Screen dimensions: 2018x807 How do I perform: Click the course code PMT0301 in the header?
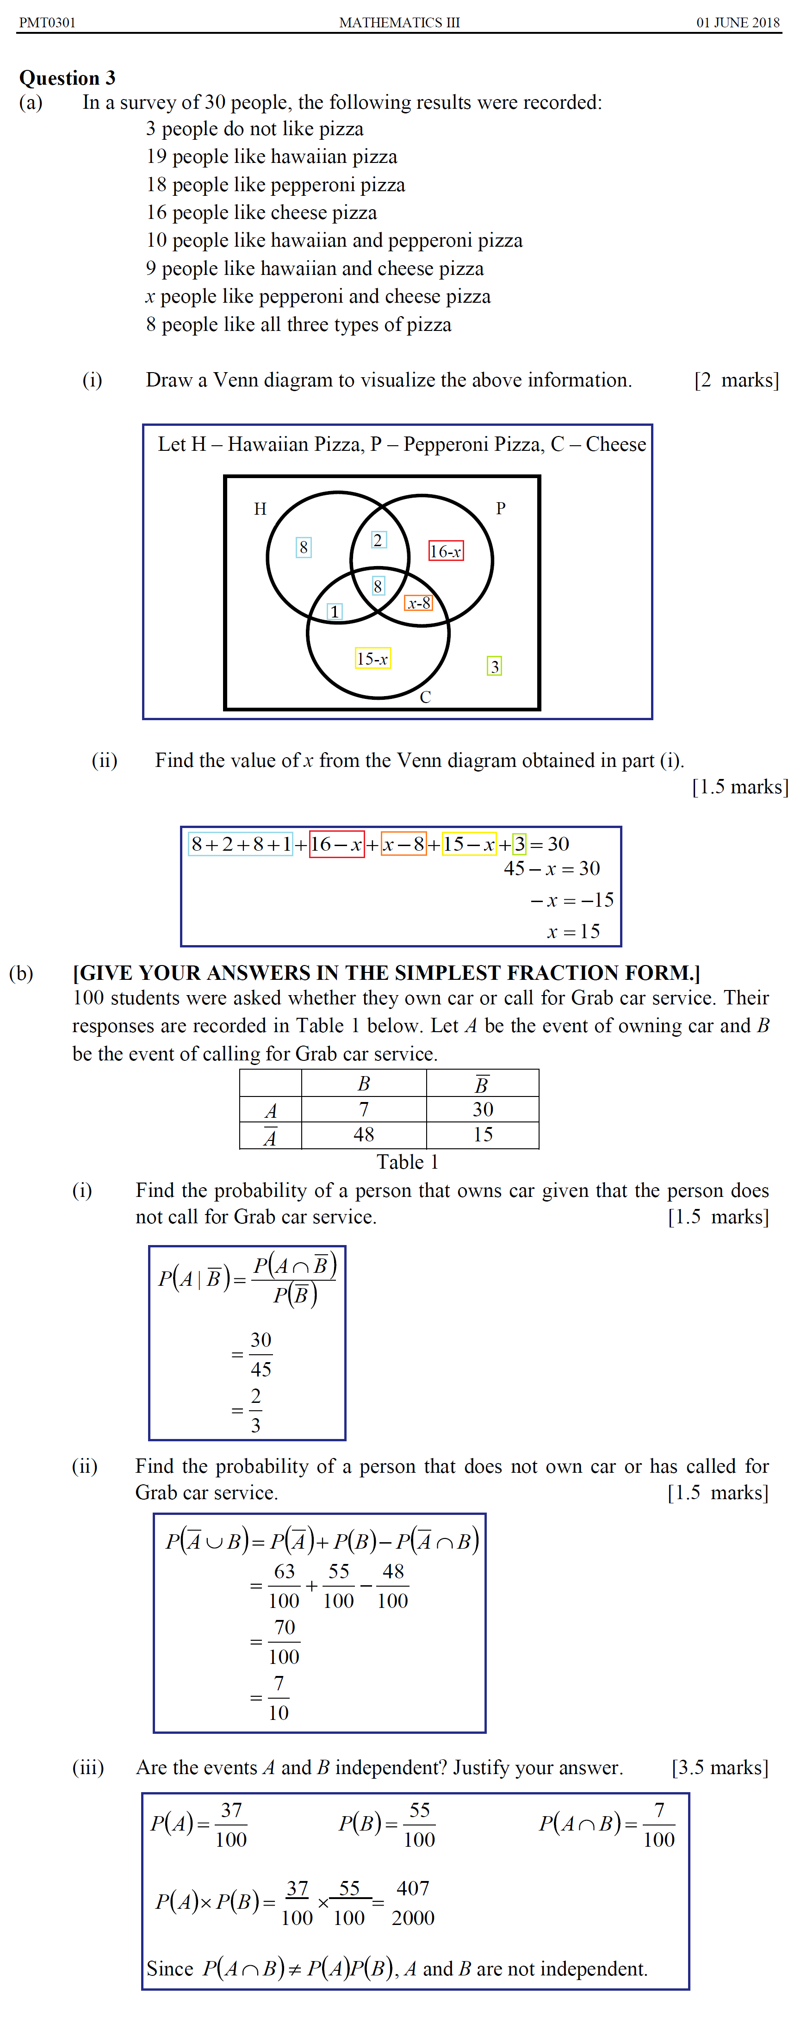[47, 22]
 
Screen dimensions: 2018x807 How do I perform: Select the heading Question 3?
[68, 78]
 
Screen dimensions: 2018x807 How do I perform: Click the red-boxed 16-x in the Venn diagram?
[445, 551]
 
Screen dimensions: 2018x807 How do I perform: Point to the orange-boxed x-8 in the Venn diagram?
[418, 603]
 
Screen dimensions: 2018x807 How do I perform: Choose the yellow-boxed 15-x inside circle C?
[372, 658]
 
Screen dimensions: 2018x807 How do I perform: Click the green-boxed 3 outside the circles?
[494, 666]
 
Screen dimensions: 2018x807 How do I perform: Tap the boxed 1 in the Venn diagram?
[335, 611]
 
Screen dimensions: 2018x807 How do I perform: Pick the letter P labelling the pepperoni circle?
[501, 508]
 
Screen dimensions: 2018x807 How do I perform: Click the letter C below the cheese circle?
[425, 697]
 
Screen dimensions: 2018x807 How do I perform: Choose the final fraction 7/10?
[278, 1698]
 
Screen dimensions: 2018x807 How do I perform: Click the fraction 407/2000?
[413, 1902]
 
